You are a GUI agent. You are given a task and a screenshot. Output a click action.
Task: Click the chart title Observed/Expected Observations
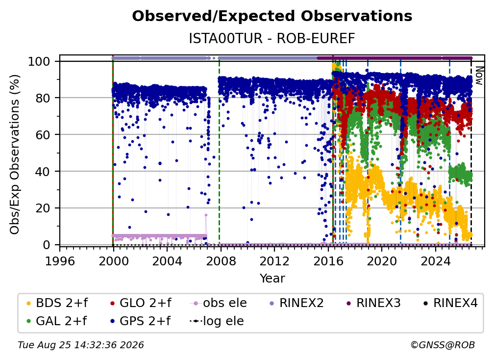[272, 16]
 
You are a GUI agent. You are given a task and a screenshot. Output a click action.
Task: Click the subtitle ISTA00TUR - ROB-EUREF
[272, 38]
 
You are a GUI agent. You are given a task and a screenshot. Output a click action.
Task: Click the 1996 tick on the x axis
[60, 261]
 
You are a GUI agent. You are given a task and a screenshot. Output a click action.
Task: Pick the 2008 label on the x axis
[221, 261]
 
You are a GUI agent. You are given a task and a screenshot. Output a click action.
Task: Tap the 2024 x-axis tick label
[435, 261]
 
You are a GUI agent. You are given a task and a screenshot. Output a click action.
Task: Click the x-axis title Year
[272, 279]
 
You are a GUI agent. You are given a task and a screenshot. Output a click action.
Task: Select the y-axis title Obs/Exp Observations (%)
[15, 154]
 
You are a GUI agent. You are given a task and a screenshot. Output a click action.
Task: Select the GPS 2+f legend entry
[145, 321]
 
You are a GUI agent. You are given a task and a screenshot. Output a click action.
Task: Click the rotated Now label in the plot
[479, 76]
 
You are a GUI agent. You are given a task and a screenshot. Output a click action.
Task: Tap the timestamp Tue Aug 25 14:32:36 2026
[81, 345]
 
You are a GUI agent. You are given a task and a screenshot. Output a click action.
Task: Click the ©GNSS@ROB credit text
[443, 345]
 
